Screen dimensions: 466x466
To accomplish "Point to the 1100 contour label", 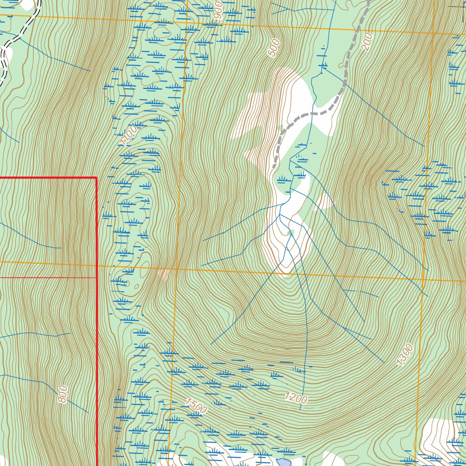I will coord(129,136).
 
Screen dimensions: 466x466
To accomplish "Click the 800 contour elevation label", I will coord(63,394).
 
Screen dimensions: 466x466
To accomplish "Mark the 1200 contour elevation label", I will coord(297,398).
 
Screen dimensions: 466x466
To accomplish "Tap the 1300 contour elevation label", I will coord(405,355).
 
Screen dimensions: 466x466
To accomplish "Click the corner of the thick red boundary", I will coord(96,178).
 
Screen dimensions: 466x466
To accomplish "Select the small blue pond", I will coord(283,462).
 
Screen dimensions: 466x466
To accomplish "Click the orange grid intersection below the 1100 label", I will coord(177,268).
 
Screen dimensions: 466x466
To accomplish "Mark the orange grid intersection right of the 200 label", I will coord(433,33).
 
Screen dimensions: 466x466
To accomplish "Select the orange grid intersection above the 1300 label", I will coord(424,279).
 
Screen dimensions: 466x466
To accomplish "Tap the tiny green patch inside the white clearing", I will coord(290,233).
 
